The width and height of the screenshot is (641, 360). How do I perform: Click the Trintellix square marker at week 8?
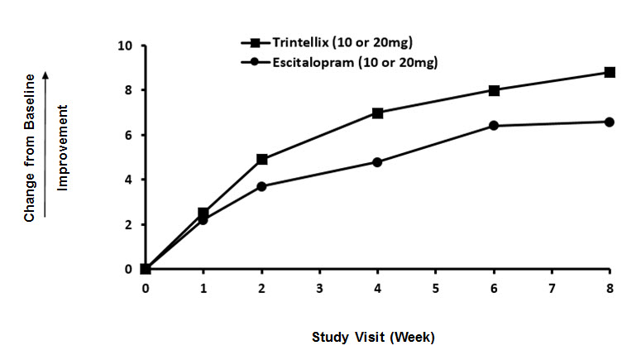pyautogui.click(x=610, y=73)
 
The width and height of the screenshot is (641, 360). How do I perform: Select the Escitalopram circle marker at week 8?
pyautogui.click(x=610, y=122)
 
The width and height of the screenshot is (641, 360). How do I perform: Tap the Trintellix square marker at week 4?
pyautogui.click(x=377, y=113)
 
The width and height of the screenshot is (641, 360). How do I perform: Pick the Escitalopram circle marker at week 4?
pyautogui.click(x=377, y=162)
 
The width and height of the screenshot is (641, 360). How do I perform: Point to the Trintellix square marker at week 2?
pyautogui.click(x=261, y=159)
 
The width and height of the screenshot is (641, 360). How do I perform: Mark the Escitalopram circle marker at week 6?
pyautogui.click(x=494, y=126)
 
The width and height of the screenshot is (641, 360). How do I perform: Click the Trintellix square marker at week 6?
pyautogui.click(x=494, y=90)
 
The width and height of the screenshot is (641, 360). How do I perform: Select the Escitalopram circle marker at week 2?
pyautogui.click(x=261, y=186)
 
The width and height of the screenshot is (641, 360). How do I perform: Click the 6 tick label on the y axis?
pyautogui.click(x=127, y=135)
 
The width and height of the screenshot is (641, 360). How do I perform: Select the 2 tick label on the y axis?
pyautogui.click(x=127, y=224)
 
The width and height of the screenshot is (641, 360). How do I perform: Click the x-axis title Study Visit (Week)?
pyautogui.click(x=373, y=337)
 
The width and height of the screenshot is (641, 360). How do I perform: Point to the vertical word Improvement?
pyautogui.click(x=62, y=147)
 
